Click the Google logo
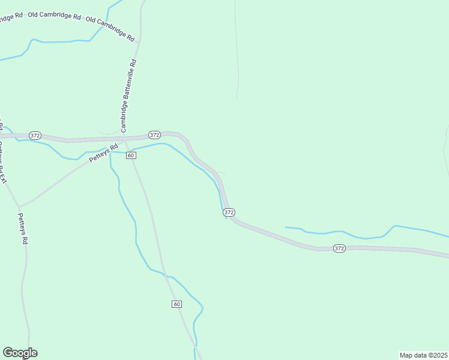(x=20, y=353)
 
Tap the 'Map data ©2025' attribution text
(x=424, y=355)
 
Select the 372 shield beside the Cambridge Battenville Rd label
(x=154, y=135)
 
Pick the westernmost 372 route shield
(x=35, y=136)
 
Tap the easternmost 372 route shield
(x=339, y=248)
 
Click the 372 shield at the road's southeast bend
(x=229, y=212)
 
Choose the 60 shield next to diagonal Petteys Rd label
(x=131, y=155)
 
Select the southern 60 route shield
(x=176, y=304)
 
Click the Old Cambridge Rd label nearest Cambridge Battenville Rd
(x=110, y=28)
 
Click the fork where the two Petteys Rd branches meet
(x=19, y=206)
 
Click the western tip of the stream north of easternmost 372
(x=286, y=227)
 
